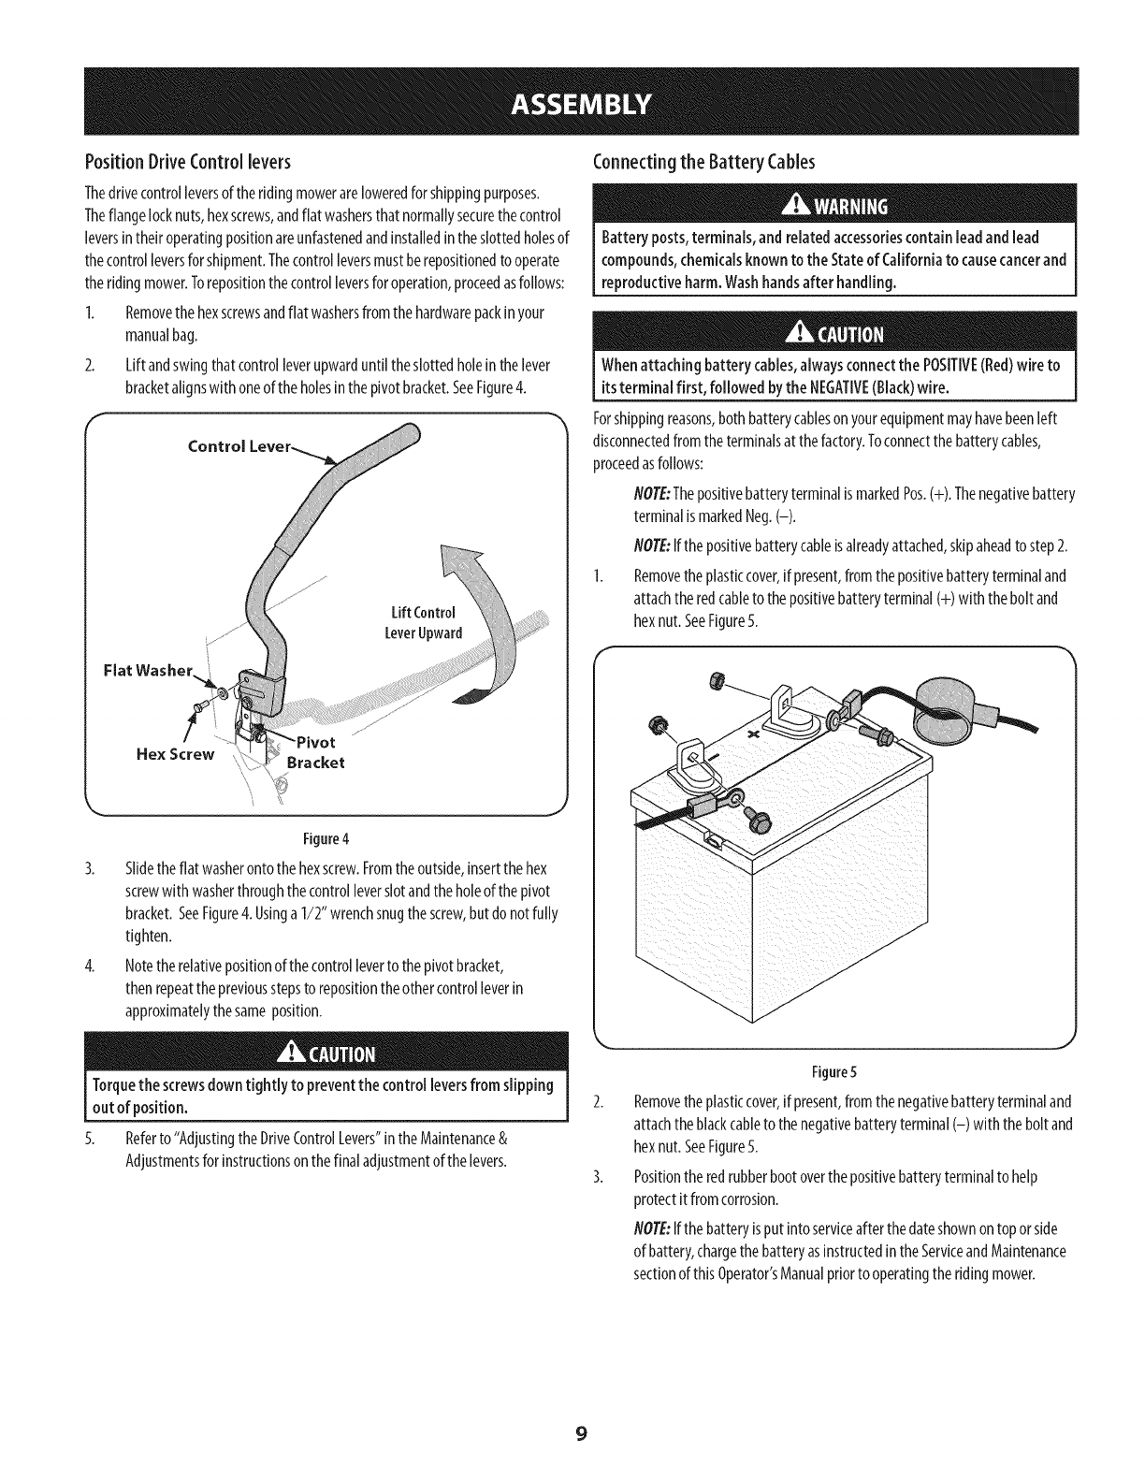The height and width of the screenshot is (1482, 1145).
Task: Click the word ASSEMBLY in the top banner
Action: pos(572,102)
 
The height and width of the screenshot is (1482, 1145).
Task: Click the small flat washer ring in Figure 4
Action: pos(222,693)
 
